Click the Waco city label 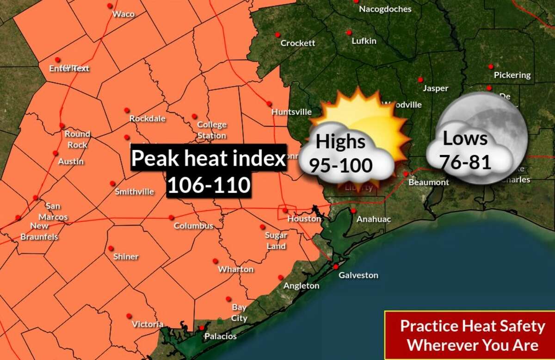pos(123,14)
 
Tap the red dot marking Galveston pos(336,267)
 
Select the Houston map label pos(304,218)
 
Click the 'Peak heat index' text pos(208,159)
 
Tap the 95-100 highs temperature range pos(341,165)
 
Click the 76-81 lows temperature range pos(465,161)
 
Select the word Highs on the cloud pos(341,142)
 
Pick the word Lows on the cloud pos(465,138)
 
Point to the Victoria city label pos(148,324)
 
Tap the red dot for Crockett pos(277,35)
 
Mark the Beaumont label pos(428,182)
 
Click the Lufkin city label pos(364,41)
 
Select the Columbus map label pos(193,226)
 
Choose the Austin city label pos(71,161)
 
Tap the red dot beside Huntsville pos(269,103)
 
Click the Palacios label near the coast pos(221,336)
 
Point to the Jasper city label pos(435,88)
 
